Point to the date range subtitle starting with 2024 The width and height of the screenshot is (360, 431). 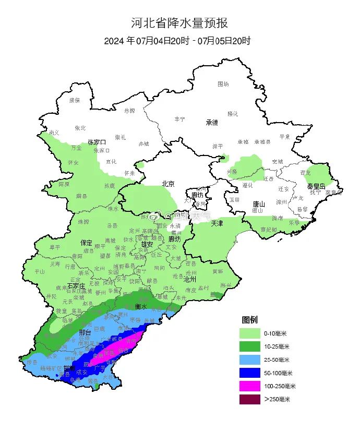coord(177,41)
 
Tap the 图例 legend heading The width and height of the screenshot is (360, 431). coord(249,319)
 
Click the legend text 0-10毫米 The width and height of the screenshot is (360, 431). coord(275,333)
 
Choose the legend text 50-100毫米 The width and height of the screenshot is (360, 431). coord(277,373)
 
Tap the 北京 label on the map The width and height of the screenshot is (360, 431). coord(168,184)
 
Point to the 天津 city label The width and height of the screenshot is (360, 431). coord(217,223)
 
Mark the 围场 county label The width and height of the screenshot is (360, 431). coord(223,83)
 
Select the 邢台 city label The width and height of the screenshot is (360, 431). coord(85,333)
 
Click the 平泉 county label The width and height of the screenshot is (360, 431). coord(284,137)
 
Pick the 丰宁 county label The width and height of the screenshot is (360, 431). coord(180,119)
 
